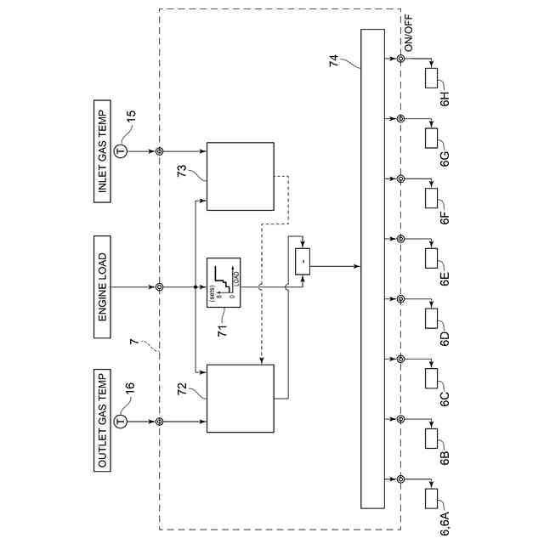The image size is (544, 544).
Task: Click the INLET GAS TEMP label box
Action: pos(103,152)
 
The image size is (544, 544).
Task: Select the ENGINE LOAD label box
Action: pos(103,286)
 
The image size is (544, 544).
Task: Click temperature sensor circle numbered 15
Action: pos(121,151)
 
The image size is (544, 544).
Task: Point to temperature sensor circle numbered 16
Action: pos(121,422)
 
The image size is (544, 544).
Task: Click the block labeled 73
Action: pos(241,176)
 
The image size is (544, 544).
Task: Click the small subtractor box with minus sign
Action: pos(302,262)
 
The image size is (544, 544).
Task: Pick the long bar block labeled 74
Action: pos(372,269)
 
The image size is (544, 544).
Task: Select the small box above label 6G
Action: pos(430,137)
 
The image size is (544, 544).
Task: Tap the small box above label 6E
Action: pos(430,258)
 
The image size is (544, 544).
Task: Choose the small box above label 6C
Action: pos(430,378)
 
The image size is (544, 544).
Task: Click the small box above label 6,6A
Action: pos(430,499)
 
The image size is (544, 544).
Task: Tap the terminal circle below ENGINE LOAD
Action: pos(159,286)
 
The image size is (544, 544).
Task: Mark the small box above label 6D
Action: pos(430,318)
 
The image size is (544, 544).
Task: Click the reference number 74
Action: pos(333,60)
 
